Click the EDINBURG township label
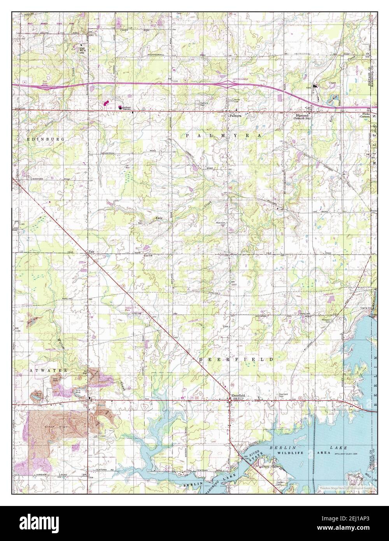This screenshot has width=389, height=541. tap(41, 139)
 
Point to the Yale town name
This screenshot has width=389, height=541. tap(92, 251)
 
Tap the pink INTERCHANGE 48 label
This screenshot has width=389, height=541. tap(240, 80)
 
